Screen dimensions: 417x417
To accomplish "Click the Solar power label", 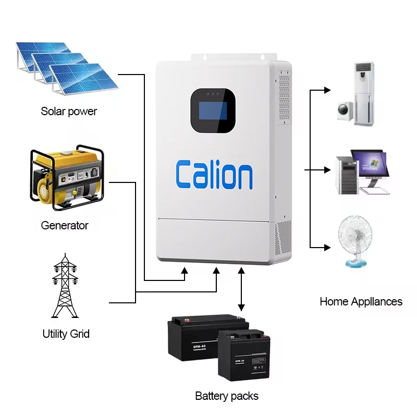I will click(x=69, y=111).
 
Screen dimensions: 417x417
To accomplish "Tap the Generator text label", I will click(x=65, y=226).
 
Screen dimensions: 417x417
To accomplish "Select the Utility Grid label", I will click(x=66, y=334).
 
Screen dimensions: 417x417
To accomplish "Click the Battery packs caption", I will click(x=227, y=396).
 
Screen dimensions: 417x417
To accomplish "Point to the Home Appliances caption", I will click(x=361, y=301).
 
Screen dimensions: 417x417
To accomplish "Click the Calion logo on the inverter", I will click(x=214, y=175).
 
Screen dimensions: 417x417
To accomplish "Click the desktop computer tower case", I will click(x=345, y=175).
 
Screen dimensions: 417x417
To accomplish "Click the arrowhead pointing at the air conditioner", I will click(x=327, y=90).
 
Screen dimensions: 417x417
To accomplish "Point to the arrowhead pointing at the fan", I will click(x=327, y=246).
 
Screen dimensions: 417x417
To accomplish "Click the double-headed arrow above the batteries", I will click(x=241, y=289).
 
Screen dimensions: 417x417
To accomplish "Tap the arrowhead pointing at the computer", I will click(x=327, y=170).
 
